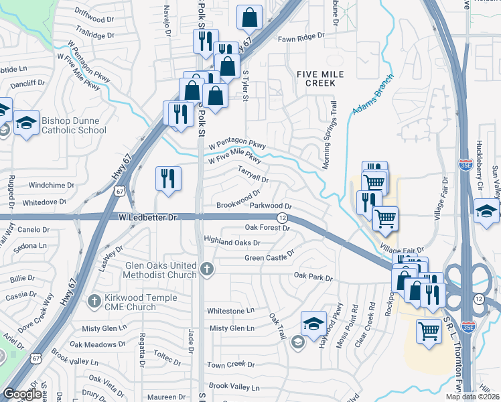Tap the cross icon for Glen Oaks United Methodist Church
[x=208, y=270]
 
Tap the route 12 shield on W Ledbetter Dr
[x=283, y=218]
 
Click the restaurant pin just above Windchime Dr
[x=167, y=179]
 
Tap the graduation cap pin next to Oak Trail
[x=313, y=325]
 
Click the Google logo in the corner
[x=23, y=394]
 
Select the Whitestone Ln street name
[x=231, y=311]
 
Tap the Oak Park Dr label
[x=314, y=275]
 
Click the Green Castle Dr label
[x=269, y=255]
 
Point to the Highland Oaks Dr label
[x=232, y=241]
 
